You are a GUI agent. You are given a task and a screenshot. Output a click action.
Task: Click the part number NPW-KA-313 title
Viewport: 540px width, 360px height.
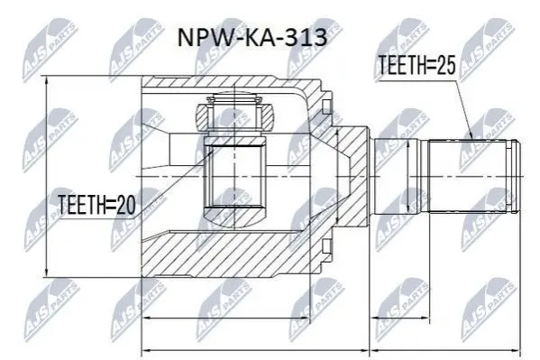point(252,38)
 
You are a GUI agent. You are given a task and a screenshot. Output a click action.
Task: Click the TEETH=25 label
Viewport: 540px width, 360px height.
point(416,65)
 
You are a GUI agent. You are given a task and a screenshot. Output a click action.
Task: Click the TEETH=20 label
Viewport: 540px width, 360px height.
point(96,205)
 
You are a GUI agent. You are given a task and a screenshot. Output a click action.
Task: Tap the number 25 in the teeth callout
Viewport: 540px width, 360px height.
point(446,65)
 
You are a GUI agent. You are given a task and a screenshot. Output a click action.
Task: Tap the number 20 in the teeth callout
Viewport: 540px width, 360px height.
point(126,205)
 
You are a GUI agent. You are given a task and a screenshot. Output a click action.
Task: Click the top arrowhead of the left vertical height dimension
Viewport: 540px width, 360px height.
point(46,81)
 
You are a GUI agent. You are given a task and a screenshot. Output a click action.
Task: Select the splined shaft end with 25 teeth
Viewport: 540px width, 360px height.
point(469,176)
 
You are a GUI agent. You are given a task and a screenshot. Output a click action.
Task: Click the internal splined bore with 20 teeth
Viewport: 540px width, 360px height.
point(235,176)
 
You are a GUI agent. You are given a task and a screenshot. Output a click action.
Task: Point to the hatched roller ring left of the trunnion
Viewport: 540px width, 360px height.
point(202,117)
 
